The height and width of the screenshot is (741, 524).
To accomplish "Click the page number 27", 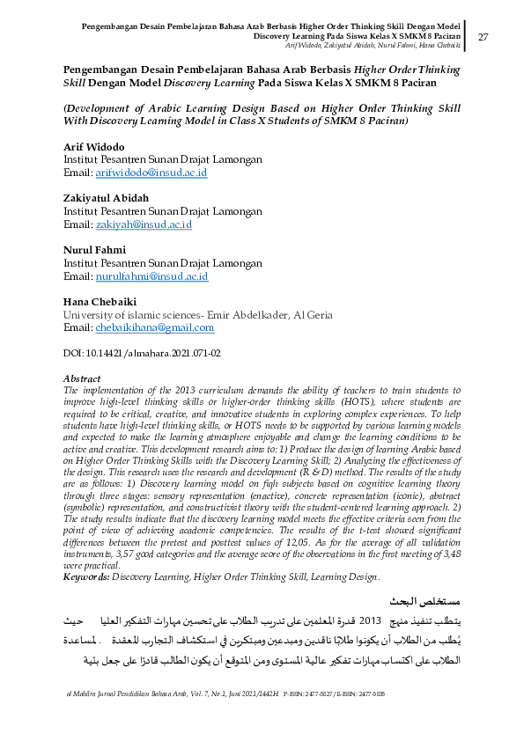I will coord(482,37).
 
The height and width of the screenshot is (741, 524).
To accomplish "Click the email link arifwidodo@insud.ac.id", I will coord(151,173).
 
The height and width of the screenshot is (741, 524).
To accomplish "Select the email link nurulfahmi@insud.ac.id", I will coord(151,276).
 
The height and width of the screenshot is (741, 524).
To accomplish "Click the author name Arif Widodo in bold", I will coord(93,145).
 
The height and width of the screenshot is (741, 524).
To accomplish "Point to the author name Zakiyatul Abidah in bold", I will coord(107,197).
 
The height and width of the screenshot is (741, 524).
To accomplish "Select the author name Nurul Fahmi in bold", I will coord(93,249).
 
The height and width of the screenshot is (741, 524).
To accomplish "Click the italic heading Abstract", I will coord(83,379).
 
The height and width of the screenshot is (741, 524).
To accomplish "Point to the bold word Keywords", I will coord(85,576).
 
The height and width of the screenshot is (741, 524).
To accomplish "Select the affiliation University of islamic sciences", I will coord(141,314).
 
